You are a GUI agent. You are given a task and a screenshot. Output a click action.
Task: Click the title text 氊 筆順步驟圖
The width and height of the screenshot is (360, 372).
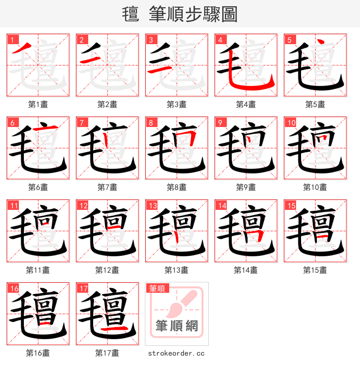(x=180, y=14)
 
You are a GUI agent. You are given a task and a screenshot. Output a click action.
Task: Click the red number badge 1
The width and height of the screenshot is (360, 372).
(x=12, y=40)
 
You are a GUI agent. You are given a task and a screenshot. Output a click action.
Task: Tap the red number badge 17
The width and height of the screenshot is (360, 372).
(x=82, y=288)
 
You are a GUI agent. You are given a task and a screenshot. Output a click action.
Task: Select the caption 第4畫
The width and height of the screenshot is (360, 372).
(x=246, y=104)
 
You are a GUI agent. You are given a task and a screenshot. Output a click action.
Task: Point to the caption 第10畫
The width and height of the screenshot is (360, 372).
(x=315, y=187)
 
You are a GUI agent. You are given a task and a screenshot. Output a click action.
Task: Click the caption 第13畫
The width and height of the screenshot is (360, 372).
(x=176, y=270)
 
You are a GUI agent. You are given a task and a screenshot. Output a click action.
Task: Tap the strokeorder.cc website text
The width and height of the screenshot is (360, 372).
(x=176, y=353)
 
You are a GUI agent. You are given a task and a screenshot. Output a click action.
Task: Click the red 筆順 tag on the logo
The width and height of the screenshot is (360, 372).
(x=157, y=288)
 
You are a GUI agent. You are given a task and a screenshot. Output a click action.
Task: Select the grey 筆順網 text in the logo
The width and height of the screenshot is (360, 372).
(x=176, y=325)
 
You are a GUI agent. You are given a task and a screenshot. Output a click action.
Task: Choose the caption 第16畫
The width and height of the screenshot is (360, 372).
(x=38, y=353)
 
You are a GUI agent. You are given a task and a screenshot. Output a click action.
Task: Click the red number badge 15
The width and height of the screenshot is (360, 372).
(x=290, y=205)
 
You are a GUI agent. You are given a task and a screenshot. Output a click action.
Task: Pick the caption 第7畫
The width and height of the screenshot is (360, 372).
(x=107, y=187)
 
